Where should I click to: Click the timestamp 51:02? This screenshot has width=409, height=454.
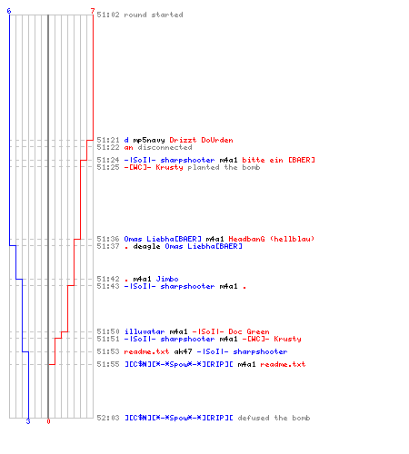[x=108, y=15]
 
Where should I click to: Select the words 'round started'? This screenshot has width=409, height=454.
[x=154, y=15]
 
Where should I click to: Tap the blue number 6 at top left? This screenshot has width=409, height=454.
[x=9, y=11]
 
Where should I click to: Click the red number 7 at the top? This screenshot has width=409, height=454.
[x=93, y=11]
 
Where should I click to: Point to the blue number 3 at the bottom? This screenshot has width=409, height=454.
[x=28, y=421]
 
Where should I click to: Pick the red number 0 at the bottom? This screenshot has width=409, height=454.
[x=48, y=421]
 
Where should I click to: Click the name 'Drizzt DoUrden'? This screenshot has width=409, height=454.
[x=201, y=140]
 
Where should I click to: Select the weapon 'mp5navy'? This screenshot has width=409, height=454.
[x=149, y=140]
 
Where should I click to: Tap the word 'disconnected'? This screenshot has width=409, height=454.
[x=165, y=147]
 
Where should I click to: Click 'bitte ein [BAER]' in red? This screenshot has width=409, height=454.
[x=278, y=160]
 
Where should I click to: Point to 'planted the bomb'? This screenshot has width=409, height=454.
[x=224, y=167]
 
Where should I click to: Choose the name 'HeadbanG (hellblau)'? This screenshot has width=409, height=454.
[x=272, y=239]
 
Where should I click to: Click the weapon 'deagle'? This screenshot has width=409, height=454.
[x=146, y=246]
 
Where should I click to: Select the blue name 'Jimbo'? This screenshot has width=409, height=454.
[x=167, y=279]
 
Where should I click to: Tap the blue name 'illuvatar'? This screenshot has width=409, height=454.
[x=145, y=331]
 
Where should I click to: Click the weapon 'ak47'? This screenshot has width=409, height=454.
[x=183, y=351]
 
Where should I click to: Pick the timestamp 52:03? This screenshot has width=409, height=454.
[x=108, y=418]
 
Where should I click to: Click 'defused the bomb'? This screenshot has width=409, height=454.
[x=274, y=418]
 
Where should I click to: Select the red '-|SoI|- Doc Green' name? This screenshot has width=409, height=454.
[x=231, y=331]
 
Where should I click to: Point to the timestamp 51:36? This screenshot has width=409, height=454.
[x=108, y=239]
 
